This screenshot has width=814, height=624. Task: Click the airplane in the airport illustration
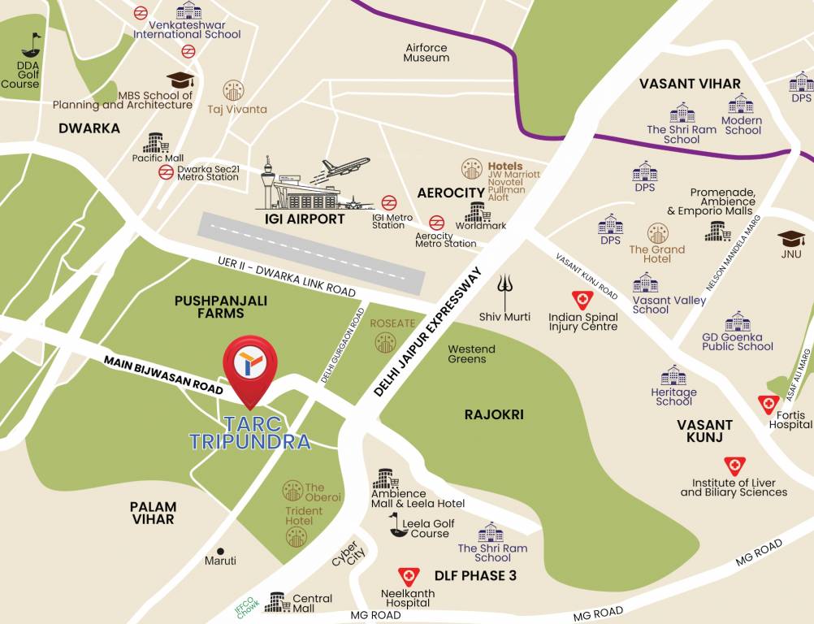click(344, 167)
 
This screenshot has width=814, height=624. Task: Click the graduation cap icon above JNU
click(790, 238)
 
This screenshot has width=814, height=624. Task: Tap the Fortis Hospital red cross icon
click(768, 404)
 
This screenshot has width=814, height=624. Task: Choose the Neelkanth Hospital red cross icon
click(407, 577)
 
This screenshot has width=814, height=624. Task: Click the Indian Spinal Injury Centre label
click(583, 322)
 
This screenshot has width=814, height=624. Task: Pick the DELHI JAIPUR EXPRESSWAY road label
click(430, 331)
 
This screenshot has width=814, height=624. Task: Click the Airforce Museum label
click(426, 53)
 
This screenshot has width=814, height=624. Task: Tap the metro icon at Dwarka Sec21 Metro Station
click(166, 172)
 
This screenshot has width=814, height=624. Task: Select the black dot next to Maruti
click(220, 550)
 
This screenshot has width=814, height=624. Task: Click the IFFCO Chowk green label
click(245, 603)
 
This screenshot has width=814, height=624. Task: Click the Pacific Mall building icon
click(156, 143)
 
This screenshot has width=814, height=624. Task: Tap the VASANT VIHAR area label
click(690, 84)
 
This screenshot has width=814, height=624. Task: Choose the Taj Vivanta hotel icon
click(234, 90)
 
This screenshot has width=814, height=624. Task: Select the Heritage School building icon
click(673, 375)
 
